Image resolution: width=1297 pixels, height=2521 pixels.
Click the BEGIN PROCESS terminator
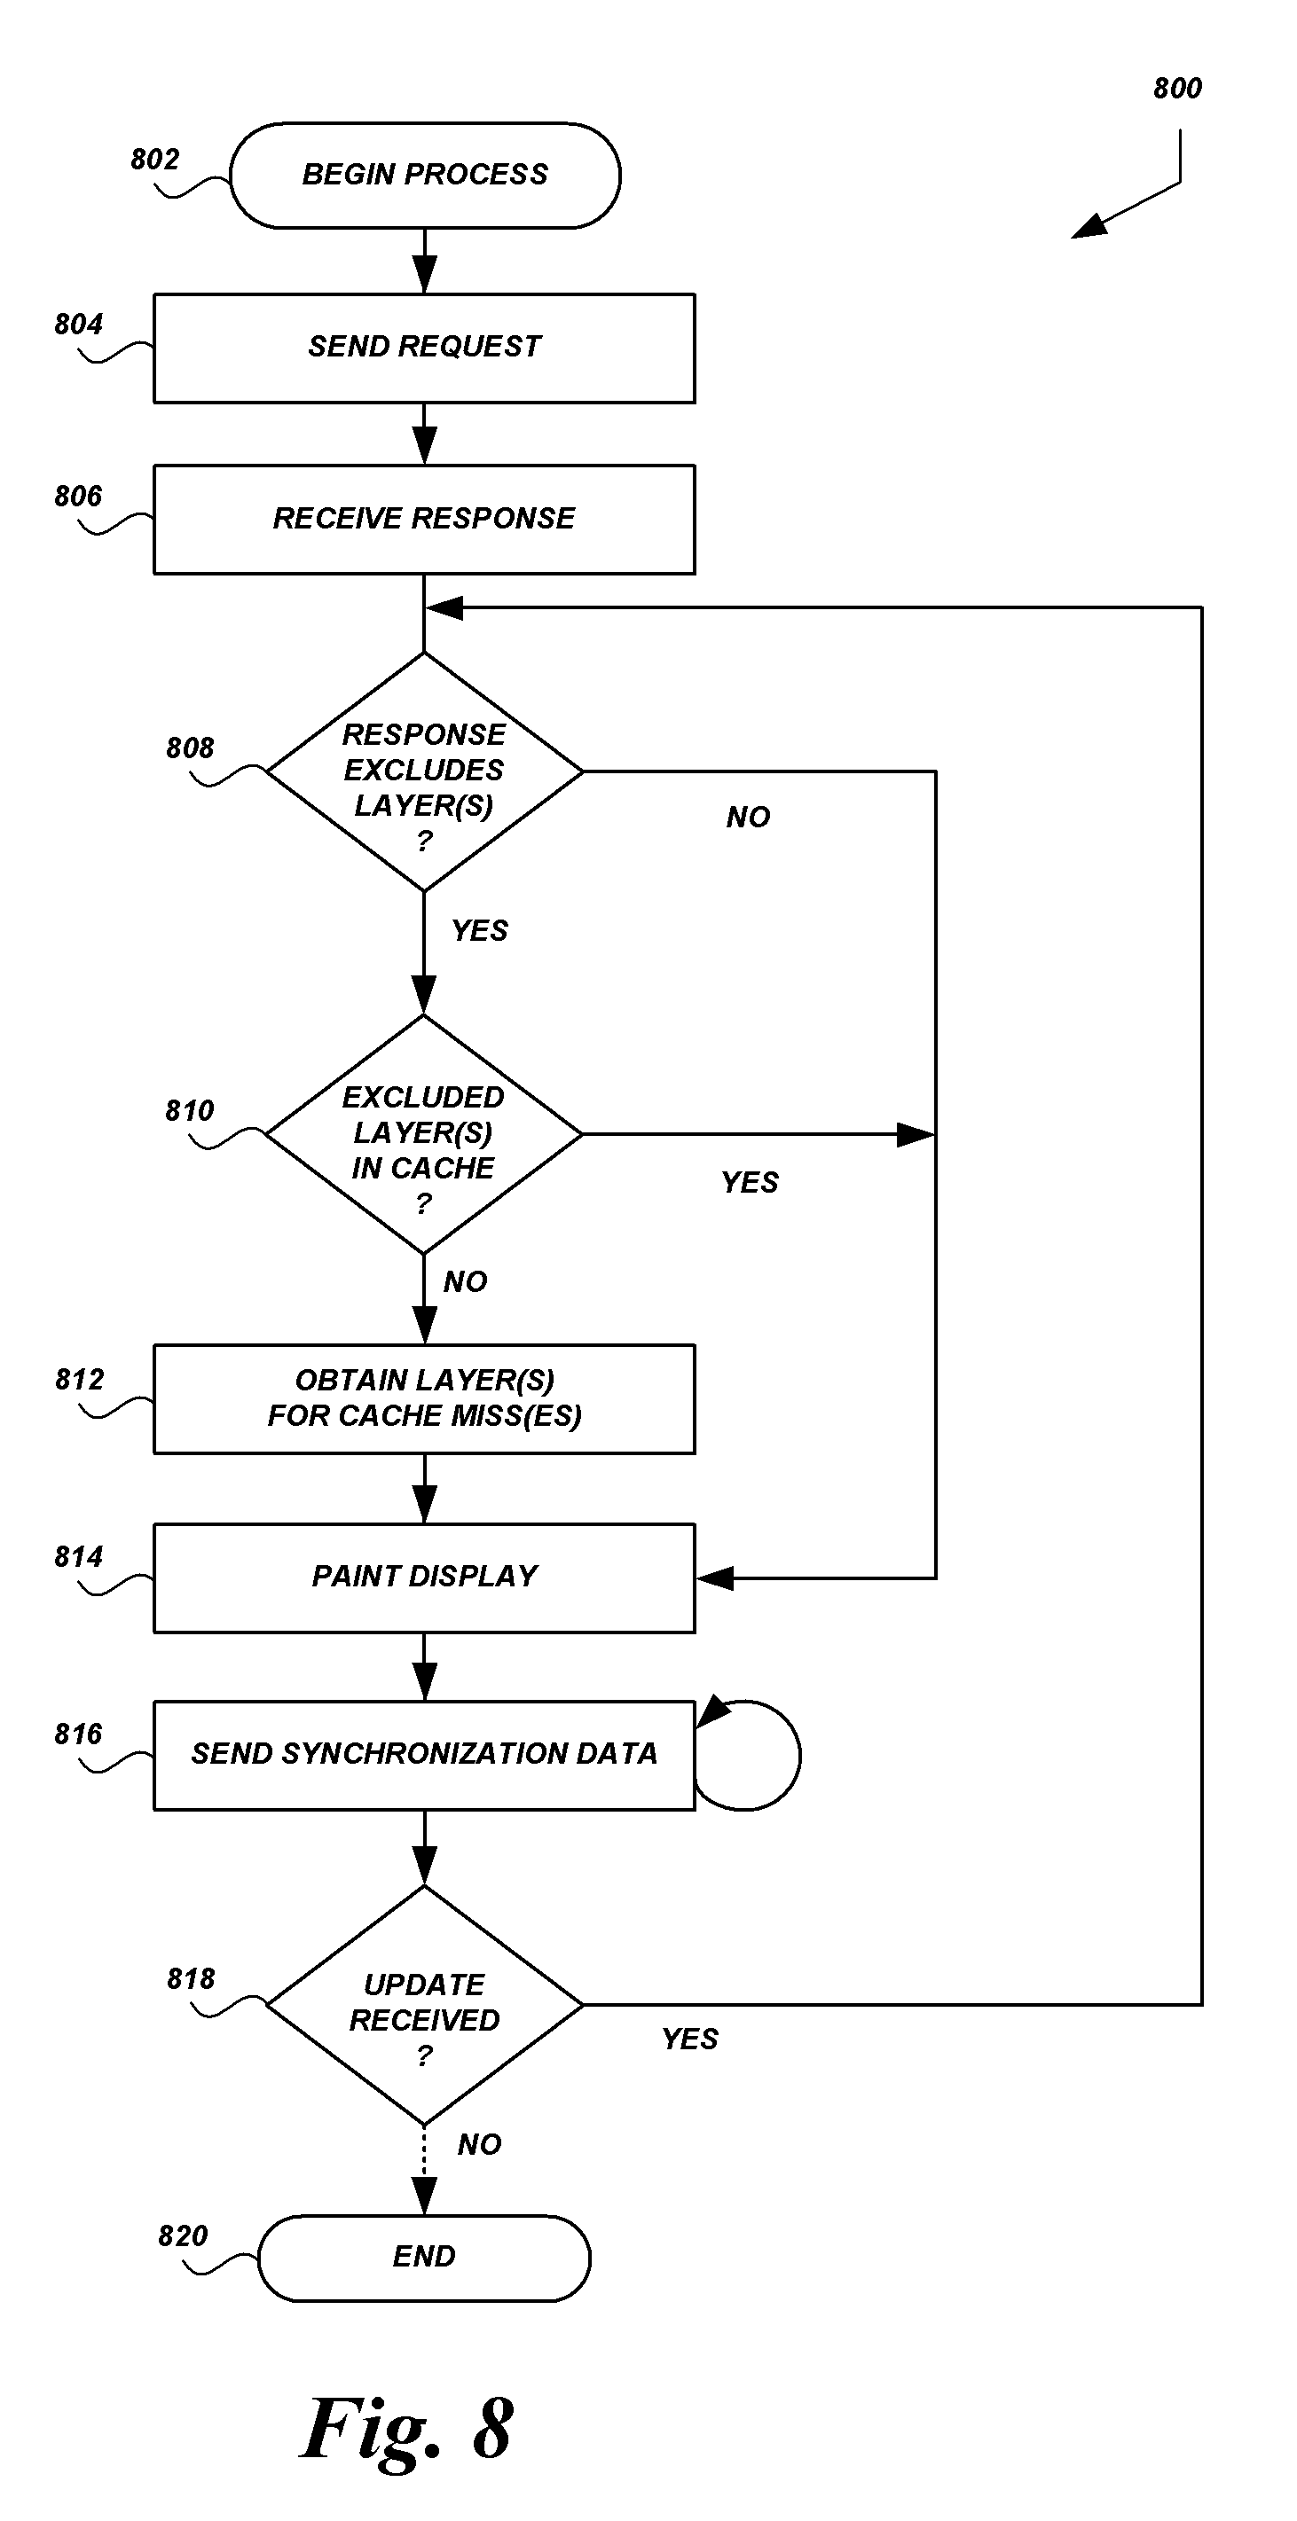pos(425,176)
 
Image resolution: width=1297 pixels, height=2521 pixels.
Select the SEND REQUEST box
pos(424,348)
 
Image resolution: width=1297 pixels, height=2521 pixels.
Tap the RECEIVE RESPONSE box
pos(424,519)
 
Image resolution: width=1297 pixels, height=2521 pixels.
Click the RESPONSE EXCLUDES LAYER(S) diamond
pos(424,772)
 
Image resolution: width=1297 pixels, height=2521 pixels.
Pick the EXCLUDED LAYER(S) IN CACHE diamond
pos(424,1134)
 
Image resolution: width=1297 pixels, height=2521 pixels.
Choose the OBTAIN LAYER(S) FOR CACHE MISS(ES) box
pos(424,1398)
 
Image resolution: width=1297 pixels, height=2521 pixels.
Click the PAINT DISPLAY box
pos(424,1578)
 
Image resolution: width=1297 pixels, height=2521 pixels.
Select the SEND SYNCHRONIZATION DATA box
pos(424,1755)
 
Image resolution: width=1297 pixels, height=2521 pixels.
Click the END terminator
pos(424,2258)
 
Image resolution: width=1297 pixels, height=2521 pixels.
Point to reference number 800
pos(1176,89)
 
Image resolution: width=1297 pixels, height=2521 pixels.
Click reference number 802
pos(154,160)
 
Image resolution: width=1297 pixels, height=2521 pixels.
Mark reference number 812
pos(79,1380)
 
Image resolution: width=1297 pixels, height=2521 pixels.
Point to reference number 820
pos(183,2236)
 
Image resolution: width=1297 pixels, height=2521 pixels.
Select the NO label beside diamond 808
pos(748,818)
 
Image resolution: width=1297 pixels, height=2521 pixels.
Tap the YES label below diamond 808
pos(480,931)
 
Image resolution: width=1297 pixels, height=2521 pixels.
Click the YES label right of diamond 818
pos(689,2040)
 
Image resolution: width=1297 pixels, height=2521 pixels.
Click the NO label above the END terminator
pos(479,2145)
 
